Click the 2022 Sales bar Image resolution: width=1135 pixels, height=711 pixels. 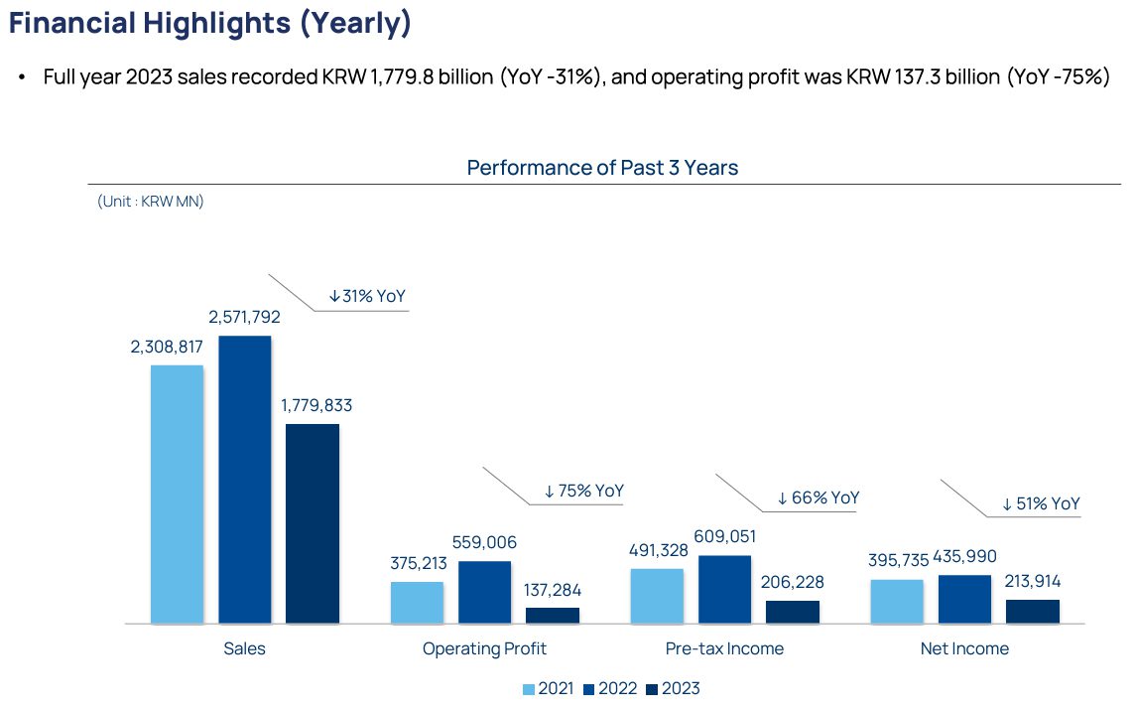(244, 480)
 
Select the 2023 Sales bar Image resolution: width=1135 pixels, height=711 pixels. (313, 523)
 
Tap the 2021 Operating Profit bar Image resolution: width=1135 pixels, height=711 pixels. (417, 602)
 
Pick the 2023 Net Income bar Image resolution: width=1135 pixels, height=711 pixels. (1033, 611)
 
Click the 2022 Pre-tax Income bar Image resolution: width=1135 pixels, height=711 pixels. (724, 589)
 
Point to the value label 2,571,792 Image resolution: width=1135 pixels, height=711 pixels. (244, 318)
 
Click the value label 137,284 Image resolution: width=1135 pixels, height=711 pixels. (553, 590)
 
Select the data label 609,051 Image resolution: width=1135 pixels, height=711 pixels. (724, 537)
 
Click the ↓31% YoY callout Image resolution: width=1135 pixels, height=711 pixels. (367, 296)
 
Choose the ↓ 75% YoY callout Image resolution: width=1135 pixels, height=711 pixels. (583, 491)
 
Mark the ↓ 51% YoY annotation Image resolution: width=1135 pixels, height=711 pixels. (1040, 503)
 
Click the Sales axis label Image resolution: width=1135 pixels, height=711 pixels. (244, 648)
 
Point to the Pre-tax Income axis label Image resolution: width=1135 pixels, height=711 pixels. (724, 648)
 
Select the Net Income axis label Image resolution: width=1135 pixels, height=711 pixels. (964, 648)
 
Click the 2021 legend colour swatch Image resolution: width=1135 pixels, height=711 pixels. (529, 689)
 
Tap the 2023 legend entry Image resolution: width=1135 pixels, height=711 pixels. (673, 689)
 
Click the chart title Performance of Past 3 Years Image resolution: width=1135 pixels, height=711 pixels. (602, 167)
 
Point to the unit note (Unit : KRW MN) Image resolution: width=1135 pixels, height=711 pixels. (151, 201)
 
